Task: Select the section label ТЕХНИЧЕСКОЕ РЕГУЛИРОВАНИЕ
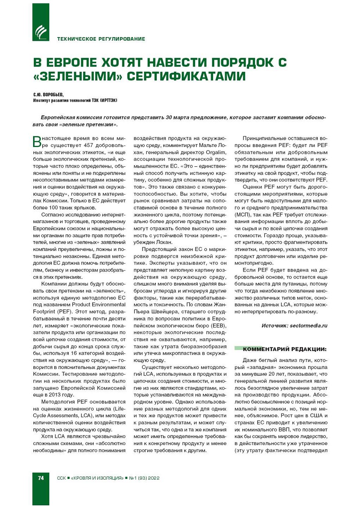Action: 101,39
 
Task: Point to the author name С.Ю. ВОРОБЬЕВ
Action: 48,94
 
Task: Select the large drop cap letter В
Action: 37,141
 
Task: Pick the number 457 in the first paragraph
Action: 89,145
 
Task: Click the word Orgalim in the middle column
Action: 216,152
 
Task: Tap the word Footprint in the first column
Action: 44,311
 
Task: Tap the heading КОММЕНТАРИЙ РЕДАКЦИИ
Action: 284,349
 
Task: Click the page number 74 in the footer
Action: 41,478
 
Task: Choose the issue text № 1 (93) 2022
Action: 144,478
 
